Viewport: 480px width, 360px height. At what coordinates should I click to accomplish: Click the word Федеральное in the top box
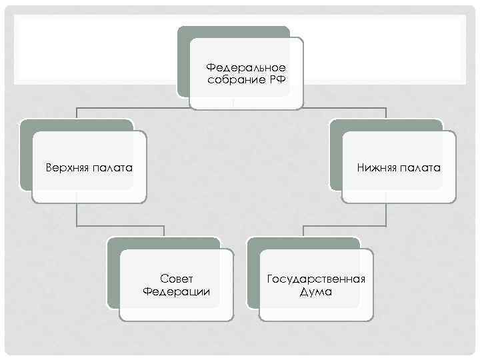coord(246,68)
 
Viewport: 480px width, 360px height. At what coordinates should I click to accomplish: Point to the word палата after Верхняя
coord(112,167)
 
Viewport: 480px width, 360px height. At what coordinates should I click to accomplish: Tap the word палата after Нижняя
coord(420,167)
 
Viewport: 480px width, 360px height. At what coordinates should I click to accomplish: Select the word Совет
coord(177,279)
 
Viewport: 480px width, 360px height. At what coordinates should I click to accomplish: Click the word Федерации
coord(177,291)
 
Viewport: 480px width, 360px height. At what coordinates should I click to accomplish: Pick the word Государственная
coord(316,279)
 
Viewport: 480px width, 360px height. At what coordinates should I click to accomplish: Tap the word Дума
coord(316,291)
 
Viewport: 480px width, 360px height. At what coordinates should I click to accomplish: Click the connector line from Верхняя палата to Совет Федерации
coord(120,224)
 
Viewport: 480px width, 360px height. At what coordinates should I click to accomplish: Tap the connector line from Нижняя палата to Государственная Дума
coord(347,224)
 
